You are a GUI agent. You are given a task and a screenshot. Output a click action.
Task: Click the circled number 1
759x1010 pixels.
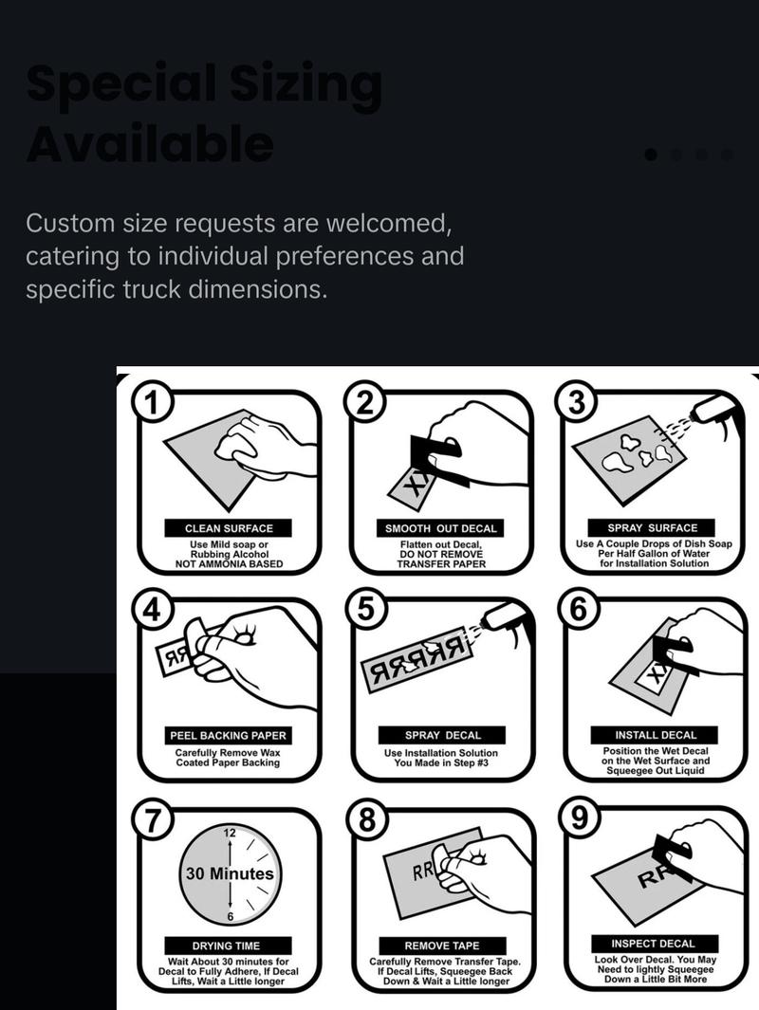(x=151, y=403)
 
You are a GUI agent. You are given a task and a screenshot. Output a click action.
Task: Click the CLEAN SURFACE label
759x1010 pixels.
(x=229, y=528)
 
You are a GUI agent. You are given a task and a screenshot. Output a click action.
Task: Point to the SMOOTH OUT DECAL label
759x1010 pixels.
(x=441, y=528)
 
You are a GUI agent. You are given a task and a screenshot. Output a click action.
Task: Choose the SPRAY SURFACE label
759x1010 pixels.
(x=653, y=527)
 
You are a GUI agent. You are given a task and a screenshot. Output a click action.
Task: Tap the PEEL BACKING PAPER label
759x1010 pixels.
(x=229, y=735)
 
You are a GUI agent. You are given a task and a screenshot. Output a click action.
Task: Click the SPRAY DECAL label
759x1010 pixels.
(x=442, y=735)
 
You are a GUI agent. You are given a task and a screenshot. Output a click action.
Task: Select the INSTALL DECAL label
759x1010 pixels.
(x=656, y=735)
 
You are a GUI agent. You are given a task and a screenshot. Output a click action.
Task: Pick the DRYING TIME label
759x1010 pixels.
(x=226, y=946)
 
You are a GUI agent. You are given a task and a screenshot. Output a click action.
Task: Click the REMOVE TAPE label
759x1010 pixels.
(x=442, y=946)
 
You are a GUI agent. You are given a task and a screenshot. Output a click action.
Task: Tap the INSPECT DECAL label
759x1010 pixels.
(x=653, y=944)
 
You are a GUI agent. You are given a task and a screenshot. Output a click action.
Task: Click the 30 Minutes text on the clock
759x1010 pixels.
(x=229, y=873)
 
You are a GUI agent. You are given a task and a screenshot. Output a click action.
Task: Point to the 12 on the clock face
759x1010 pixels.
(x=230, y=834)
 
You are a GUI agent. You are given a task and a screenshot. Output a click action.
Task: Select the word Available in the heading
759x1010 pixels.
(x=150, y=144)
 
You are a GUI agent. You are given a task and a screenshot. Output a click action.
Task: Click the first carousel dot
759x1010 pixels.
(x=651, y=155)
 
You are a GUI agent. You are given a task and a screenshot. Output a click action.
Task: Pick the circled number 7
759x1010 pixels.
(x=151, y=819)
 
